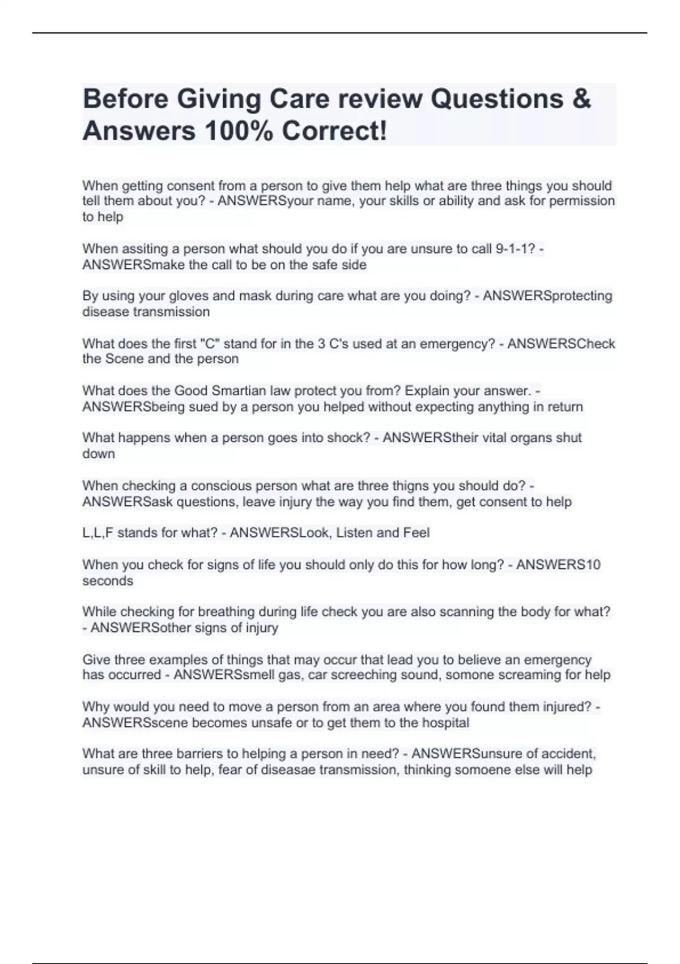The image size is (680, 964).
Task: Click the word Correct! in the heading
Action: point(334,132)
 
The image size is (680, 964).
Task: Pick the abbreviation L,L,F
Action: point(97,533)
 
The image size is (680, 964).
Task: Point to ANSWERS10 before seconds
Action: point(558,565)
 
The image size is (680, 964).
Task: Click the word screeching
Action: point(370,675)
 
